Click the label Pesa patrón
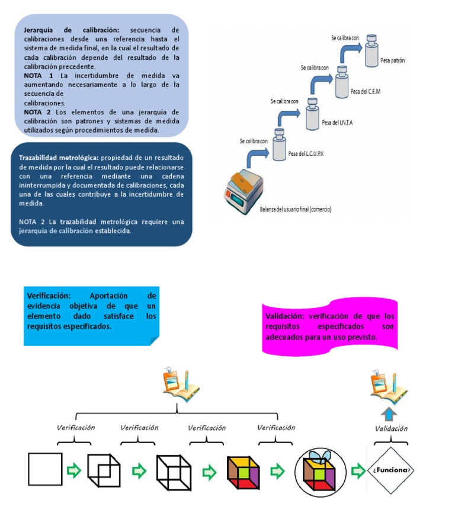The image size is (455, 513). point(393,61)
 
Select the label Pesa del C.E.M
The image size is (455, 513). point(366,91)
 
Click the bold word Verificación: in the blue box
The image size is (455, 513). point(49,295)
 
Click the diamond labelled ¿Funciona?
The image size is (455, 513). point(390,470)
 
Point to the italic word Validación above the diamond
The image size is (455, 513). point(391,428)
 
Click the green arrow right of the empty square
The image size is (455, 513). point(74,471)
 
